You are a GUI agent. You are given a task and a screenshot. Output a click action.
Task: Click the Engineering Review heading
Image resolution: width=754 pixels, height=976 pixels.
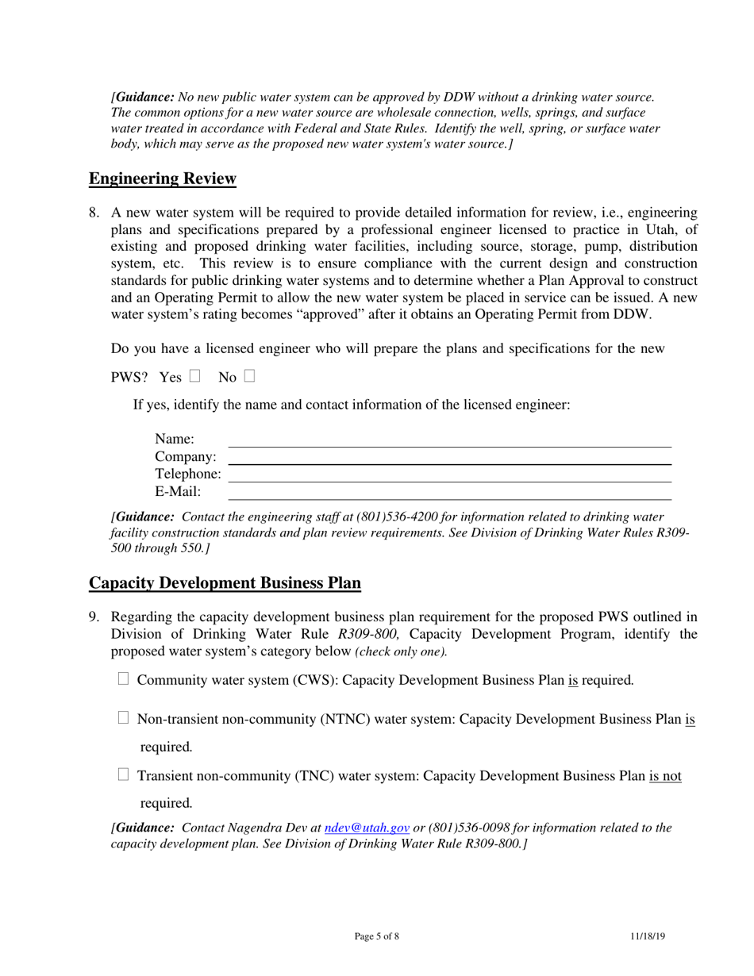[x=162, y=179]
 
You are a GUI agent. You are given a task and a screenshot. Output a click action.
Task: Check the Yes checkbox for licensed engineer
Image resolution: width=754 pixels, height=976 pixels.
[x=194, y=376]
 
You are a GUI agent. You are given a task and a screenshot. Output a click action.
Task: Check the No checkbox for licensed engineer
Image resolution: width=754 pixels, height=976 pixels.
[x=250, y=376]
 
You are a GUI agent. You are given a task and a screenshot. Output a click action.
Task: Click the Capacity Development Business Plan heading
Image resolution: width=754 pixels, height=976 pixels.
[x=225, y=583]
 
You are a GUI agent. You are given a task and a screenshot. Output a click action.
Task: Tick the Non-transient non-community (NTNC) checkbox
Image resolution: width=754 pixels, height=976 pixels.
[x=123, y=718]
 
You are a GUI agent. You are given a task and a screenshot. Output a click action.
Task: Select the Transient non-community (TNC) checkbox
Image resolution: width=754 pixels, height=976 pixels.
[x=123, y=775]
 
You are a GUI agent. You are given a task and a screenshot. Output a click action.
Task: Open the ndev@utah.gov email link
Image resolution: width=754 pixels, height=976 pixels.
[x=367, y=828]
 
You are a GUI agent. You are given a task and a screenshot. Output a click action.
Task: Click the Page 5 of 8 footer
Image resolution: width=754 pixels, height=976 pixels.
[x=377, y=936]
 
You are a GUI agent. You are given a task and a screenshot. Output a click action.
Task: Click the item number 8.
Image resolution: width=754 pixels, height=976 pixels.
[x=94, y=213]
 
